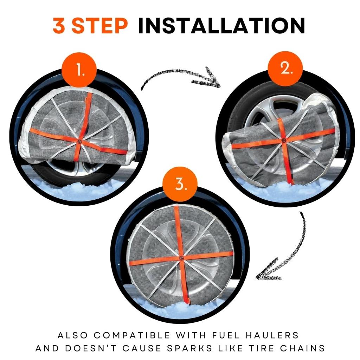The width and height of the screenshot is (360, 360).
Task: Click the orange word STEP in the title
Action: pos(99,26)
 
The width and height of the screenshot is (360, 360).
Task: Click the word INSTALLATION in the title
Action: pos(221,26)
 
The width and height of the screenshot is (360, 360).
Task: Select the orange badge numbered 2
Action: pos(285,69)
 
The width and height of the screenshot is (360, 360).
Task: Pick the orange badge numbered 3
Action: pos(180,184)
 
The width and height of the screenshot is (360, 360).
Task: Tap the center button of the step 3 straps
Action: pos(182,257)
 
